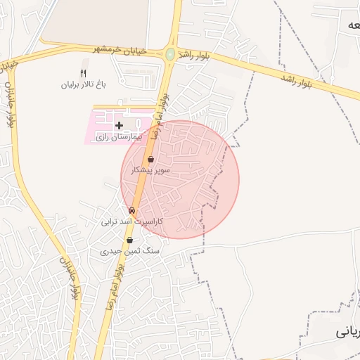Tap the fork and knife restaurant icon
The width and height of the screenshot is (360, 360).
point(83,73)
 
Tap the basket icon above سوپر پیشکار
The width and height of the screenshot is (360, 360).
point(151,160)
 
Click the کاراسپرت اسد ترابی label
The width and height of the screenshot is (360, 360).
point(131,221)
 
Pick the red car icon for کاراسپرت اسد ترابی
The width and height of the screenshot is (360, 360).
point(131,211)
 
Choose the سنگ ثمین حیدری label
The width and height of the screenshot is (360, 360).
point(130,250)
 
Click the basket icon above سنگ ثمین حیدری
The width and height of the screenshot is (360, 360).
point(130,240)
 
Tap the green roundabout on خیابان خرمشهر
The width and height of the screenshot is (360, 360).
point(169,53)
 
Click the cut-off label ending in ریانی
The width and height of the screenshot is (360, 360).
point(349,329)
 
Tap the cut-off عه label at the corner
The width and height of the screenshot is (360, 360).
point(351,25)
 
